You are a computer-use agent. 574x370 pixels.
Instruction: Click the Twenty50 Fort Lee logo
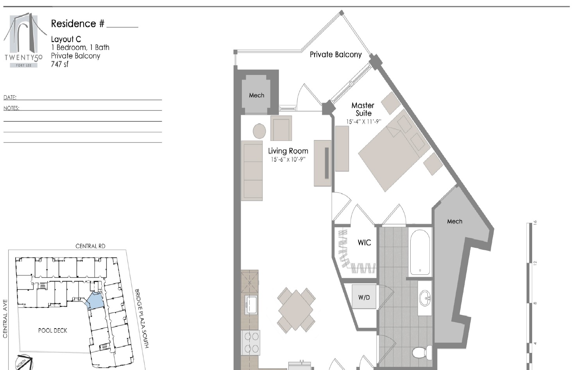click(x=24, y=40)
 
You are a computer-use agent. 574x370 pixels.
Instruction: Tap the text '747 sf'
click(x=60, y=64)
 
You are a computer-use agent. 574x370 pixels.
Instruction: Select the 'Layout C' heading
click(x=66, y=39)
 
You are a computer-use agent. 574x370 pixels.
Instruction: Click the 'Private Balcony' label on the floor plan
click(x=336, y=55)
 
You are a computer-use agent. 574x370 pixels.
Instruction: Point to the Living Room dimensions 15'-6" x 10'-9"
click(x=288, y=159)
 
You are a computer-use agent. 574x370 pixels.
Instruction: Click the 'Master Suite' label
click(x=363, y=109)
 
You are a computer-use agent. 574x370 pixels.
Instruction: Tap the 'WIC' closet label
click(x=365, y=242)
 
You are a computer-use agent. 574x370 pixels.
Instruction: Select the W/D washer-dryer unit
click(x=364, y=297)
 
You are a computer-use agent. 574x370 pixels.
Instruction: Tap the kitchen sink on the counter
click(x=251, y=305)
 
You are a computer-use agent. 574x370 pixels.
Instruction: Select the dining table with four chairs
click(x=296, y=310)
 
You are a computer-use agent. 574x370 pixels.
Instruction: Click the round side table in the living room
click(x=259, y=131)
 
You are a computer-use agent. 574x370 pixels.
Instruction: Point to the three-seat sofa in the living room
click(x=252, y=171)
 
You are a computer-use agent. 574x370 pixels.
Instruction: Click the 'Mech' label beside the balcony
click(x=256, y=96)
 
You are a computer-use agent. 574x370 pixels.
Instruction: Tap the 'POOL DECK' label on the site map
click(x=52, y=331)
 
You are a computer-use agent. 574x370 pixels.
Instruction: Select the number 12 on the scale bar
click(x=535, y=263)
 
